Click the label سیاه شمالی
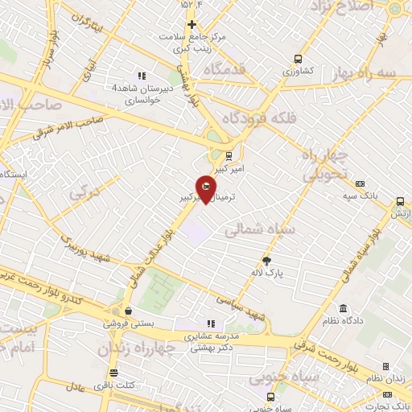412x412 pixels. (260, 230)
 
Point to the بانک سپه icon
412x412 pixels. (359, 184)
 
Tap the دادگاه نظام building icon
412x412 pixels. (344, 309)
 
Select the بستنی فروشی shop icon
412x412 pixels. (127, 310)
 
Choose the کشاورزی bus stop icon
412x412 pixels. (299, 59)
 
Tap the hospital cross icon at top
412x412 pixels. (192, 25)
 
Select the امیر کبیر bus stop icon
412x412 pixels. (229, 156)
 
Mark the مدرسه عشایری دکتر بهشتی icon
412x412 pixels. (211, 323)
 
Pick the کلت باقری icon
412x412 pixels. (113, 373)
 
